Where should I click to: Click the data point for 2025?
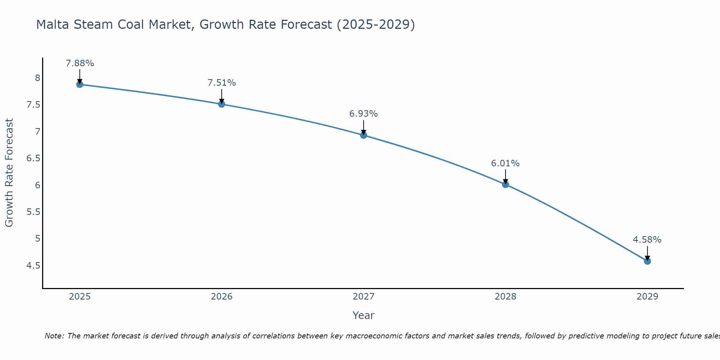(x=80, y=85)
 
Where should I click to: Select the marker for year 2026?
(x=222, y=104)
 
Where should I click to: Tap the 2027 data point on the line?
(x=364, y=135)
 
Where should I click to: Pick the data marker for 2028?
(x=505, y=185)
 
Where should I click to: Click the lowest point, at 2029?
(x=647, y=261)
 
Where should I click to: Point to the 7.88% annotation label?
(x=80, y=63)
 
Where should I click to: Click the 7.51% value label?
(x=222, y=83)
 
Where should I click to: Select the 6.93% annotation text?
(x=364, y=114)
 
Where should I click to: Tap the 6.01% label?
(x=505, y=163)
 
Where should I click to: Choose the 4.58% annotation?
(x=647, y=240)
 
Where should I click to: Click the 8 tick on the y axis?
(x=37, y=78)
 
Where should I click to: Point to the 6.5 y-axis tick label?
(x=33, y=158)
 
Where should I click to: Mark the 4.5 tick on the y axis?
(x=33, y=266)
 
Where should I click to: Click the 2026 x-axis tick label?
(x=222, y=297)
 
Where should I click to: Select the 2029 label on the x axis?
(x=647, y=297)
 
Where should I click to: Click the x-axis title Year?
(x=364, y=315)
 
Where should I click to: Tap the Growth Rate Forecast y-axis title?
(x=9, y=172)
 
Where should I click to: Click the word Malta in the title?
(x=53, y=24)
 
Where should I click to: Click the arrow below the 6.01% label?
(x=505, y=176)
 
